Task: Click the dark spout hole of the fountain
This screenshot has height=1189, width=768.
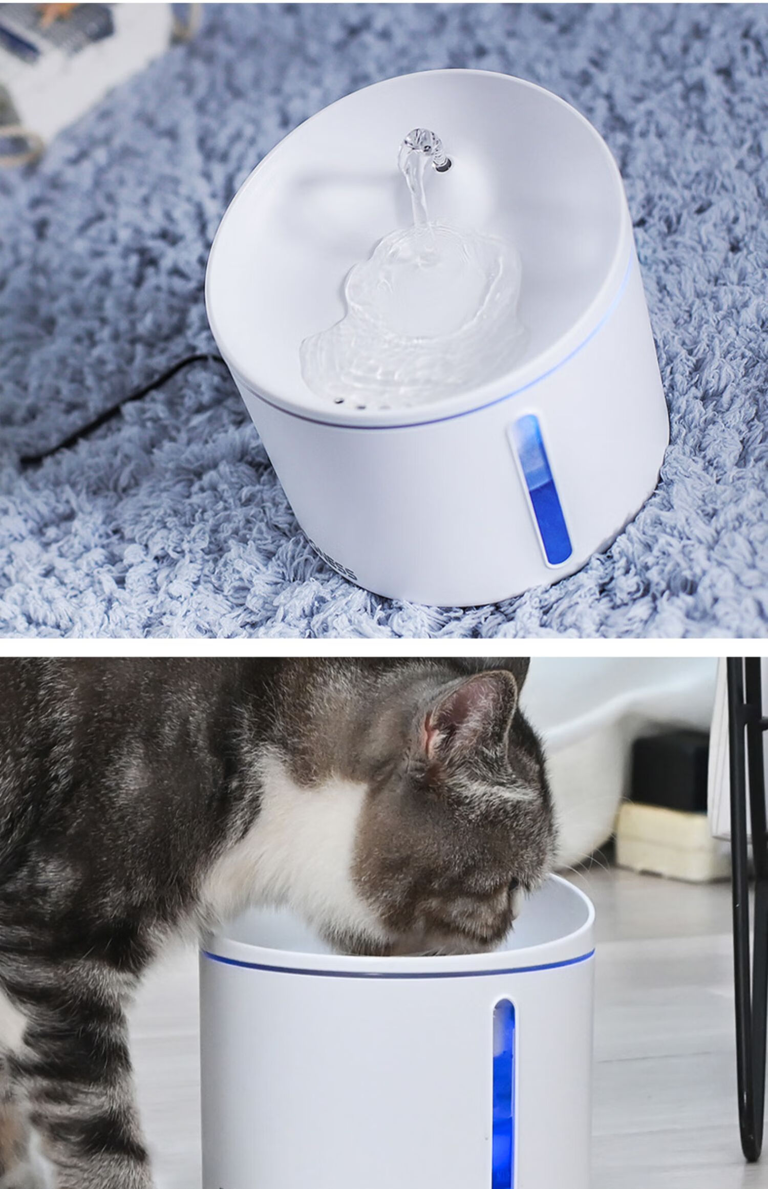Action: pyautogui.click(x=443, y=164)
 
